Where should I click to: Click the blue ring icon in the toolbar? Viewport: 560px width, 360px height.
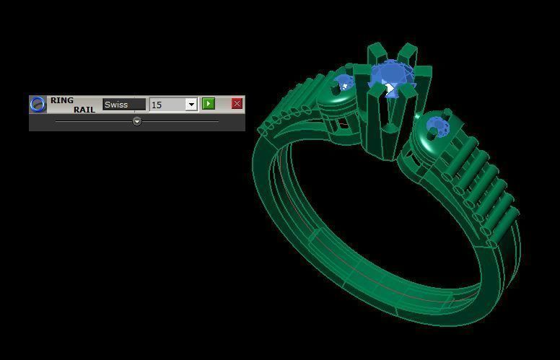pyautogui.click(x=38, y=105)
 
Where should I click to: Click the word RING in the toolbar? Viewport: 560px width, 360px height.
pyautogui.click(x=62, y=100)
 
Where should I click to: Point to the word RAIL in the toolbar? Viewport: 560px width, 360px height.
pyautogui.click(x=84, y=110)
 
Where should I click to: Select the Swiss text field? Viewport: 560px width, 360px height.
pyautogui.click(x=123, y=105)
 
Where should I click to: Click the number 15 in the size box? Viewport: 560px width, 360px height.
pyautogui.click(x=157, y=105)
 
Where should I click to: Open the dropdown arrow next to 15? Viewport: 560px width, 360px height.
pyautogui.click(x=191, y=105)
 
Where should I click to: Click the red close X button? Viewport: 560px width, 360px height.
pyautogui.click(x=237, y=104)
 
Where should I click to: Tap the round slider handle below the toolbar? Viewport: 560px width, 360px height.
pyautogui.click(x=137, y=121)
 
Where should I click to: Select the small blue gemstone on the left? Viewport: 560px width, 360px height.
pyautogui.click(x=344, y=82)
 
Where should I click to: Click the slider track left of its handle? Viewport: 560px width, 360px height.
pyautogui.click(x=94, y=121)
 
